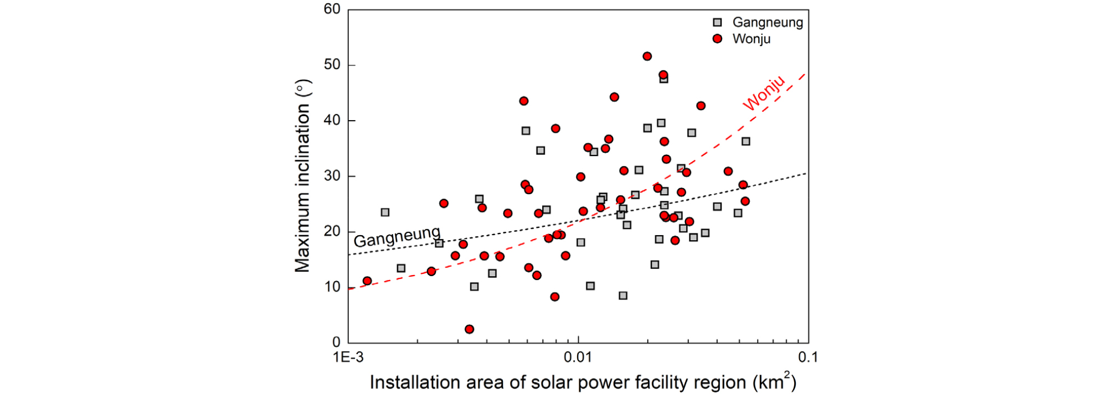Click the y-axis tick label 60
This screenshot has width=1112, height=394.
click(x=332, y=9)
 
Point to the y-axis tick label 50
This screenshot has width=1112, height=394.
click(x=332, y=65)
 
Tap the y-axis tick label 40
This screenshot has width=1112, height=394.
click(x=332, y=120)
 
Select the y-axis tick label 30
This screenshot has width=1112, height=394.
click(x=332, y=176)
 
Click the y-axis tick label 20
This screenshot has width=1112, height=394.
click(x=332, y=231)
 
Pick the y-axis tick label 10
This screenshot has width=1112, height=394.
click(x=332, y=287)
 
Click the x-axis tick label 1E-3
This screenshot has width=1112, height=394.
click(x=348, y=357)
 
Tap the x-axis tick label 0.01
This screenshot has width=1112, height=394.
click(x=578, y=357)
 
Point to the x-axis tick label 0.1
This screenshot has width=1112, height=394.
click(x=808, y=357)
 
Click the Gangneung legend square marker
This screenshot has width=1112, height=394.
click(x=717, y=23)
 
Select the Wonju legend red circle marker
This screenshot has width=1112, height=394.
click(x=717, y=39)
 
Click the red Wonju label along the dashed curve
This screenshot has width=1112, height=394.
click(x=764, y=92)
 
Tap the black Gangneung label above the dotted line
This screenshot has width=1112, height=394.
click(x=397, y=237)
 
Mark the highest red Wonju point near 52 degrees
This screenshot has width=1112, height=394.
click(x=647, y=56)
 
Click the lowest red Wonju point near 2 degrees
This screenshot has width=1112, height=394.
click(x=469, y=329)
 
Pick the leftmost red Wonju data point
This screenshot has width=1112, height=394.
click(x=367, y=281)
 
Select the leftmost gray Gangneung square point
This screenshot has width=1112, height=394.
click(x=385, y=212)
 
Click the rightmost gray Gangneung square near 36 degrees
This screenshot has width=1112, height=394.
click(x=745, y=142)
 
